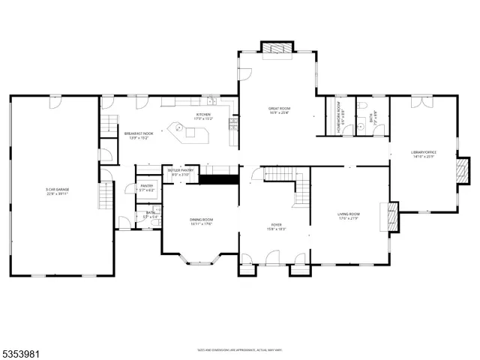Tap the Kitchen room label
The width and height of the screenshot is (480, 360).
click(x=203, y=116)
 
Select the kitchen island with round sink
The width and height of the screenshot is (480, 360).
click(x=185, y=132)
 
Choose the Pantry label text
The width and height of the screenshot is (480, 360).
click(x=146, y=187)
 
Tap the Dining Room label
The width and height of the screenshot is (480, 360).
click(x=201, y=221)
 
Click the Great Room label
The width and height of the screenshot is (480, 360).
click(x=279, y=111)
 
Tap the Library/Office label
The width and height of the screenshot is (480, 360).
click(x=423, y=154)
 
